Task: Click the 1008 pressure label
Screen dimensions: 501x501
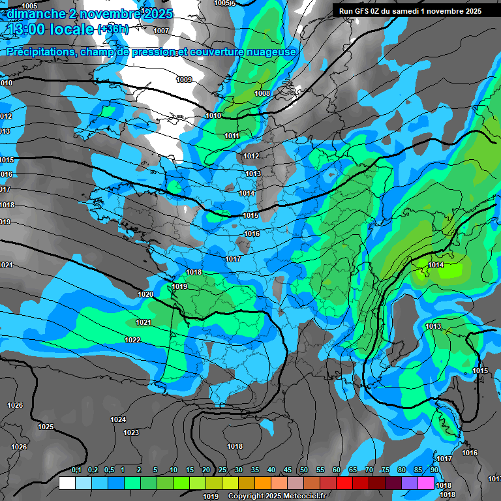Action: click(x=262, y=93)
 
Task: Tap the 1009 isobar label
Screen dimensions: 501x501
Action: click(x=184, y=80)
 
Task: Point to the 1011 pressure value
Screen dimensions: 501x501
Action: click(x=232, y=136)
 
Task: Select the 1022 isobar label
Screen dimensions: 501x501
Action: click(x=132, y=340)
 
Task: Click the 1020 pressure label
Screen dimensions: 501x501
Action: click(x=145, y=294)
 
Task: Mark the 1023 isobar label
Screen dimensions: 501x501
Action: click(x=131, y=433)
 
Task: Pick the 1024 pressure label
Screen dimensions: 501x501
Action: click(x=118, y=419)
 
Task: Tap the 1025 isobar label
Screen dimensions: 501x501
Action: click(x=46, y=427)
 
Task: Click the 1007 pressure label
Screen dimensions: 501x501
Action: click(x=161, y=31)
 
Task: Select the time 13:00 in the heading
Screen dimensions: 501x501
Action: click(x=27, y=29)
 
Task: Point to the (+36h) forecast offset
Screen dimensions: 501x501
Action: click(x=113, y=29)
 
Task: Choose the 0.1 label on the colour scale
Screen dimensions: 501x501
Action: click(x=76, y=470)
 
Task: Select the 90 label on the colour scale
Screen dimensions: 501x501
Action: click(x=434, y=470)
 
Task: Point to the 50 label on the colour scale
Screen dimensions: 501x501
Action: click(x=303, y=470)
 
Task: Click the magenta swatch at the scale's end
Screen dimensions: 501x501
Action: click(x=426, y=483)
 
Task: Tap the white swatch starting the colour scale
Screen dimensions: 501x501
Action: click(x=67, y=483)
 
